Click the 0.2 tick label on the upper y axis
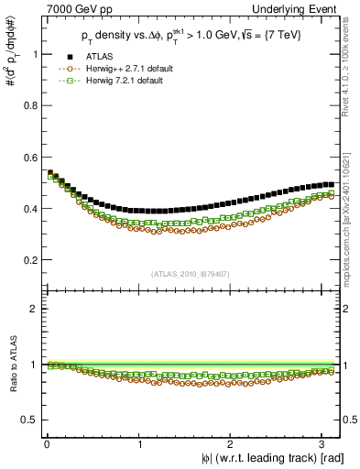tap(27, 259)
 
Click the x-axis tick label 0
tap(45, 444)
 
